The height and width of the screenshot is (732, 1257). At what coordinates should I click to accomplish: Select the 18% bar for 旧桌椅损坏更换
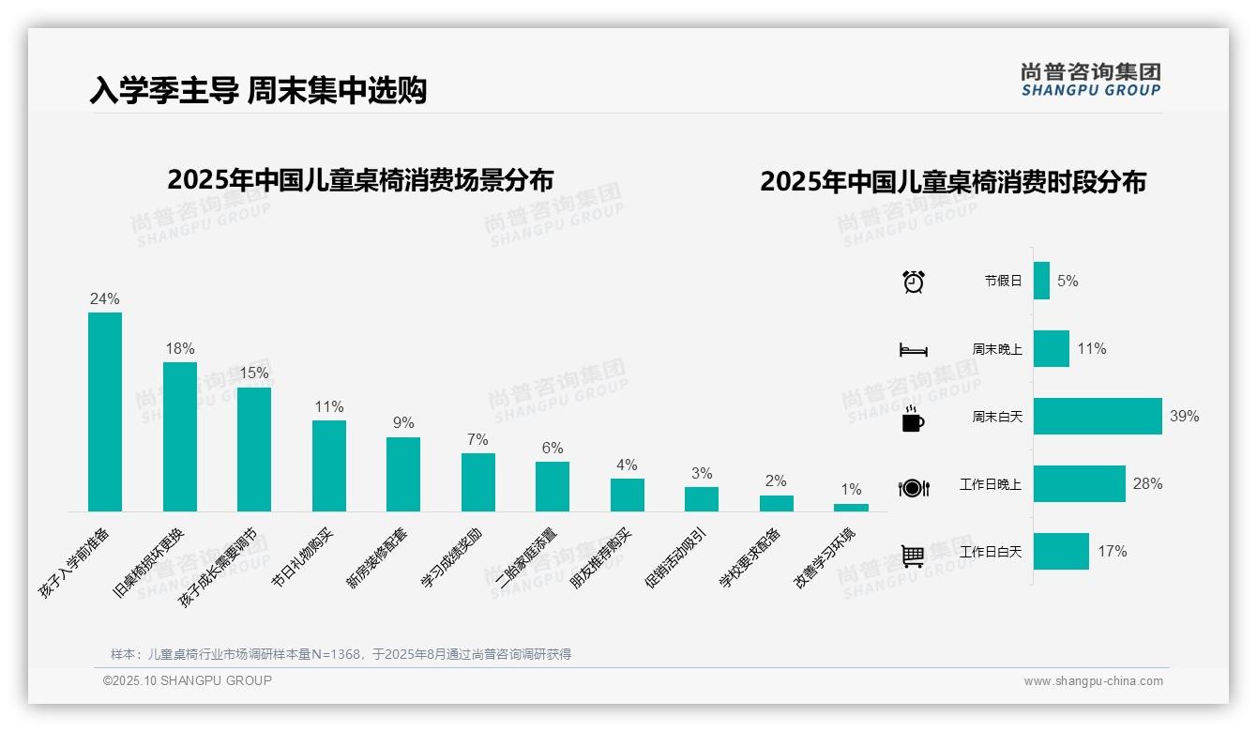point(180,436)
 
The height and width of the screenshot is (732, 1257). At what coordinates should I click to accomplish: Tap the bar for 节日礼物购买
point(329,465)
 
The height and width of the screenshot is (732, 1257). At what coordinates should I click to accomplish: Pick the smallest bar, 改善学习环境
point(851,508)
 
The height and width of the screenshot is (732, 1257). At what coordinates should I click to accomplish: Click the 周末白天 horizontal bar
point(1098,416)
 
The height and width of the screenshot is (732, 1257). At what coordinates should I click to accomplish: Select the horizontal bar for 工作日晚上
point(1079,483)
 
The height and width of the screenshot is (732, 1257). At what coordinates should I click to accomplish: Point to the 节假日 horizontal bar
point(1041,281)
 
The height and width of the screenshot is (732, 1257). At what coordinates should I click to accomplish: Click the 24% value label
point(105,298)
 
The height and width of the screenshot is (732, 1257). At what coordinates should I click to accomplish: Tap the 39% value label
point(1184,416)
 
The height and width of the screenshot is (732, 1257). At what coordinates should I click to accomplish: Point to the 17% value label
point(1113,551)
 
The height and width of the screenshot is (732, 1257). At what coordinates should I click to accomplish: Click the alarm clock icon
point(914,281)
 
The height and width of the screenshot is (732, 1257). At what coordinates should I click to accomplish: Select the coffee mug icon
point(913,419)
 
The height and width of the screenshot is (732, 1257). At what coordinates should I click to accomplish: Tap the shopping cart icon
point(913,556)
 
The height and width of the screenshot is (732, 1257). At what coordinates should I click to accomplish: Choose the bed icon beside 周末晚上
point(913,350)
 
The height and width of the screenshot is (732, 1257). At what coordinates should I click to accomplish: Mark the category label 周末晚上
point(997,349)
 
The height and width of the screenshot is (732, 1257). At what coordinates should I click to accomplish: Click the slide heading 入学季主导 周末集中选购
point(258,90)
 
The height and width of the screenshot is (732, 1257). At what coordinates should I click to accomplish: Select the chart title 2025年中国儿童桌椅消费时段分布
point(953,182)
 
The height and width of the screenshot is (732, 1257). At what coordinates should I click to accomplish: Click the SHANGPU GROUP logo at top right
point(1091,79)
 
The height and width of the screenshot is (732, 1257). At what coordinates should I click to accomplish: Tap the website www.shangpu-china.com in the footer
point(1093,681)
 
